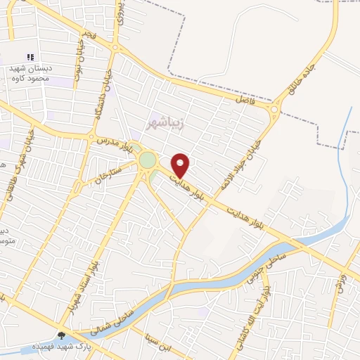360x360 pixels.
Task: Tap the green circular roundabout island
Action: click(147, 160)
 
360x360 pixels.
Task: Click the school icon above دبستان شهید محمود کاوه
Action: click(30, 56)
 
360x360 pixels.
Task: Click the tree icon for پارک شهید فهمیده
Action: click(62, 336)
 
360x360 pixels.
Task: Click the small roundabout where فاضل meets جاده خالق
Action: click(274, 108)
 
